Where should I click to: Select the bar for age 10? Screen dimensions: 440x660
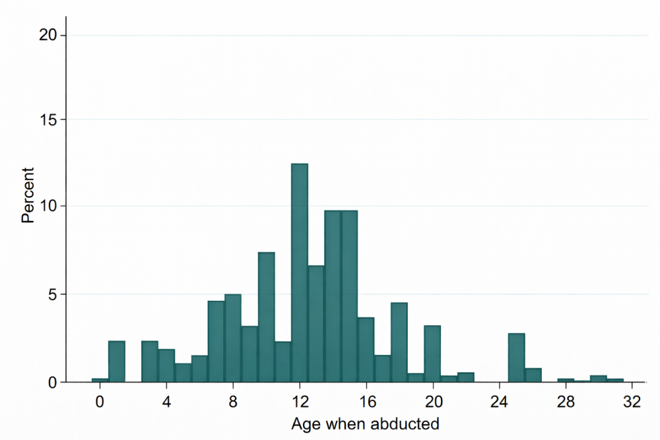[x=266, y=317]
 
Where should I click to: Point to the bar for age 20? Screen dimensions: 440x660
[x=432, y=354]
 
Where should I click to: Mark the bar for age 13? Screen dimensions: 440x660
[x=316, y=324]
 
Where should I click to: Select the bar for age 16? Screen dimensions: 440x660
[x=366, y=350]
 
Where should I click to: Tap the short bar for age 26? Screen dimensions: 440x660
[x=533, y=375]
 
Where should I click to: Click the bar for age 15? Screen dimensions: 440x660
[x=349, y=296]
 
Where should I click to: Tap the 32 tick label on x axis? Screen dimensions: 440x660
[x=632, y=400]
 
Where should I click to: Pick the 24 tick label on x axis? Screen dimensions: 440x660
[x=500, y=400]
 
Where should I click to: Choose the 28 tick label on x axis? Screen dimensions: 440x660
[x=566, y=400]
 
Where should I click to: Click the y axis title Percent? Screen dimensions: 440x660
[x=28, y=195]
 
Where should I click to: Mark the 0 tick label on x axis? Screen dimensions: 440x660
[x=100, y=400]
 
